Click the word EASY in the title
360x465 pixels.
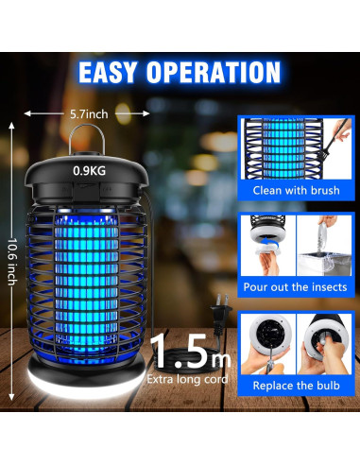(111, 72)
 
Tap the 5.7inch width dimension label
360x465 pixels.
(89, 112)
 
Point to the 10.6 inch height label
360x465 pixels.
(10, 250)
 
